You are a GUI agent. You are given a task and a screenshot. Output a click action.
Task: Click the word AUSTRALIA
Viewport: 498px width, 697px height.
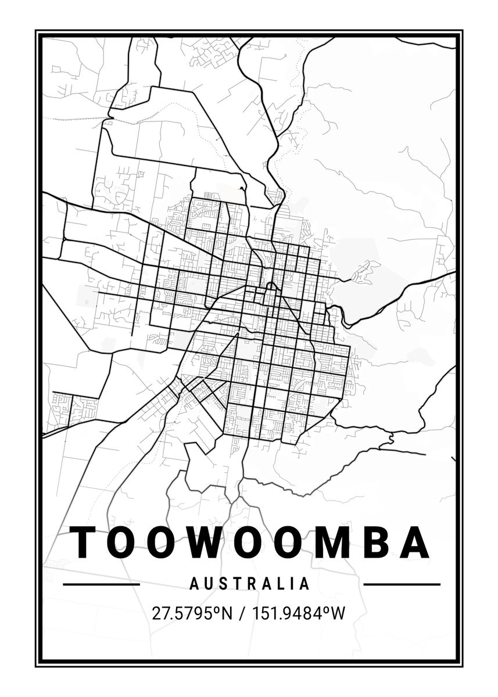[250, 584]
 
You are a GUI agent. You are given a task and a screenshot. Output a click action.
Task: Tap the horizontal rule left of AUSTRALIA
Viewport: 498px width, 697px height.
[101, 584]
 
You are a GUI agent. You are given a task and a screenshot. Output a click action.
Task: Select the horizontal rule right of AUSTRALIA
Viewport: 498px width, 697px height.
[402, 584]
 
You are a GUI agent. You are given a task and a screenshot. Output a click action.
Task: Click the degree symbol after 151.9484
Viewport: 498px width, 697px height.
[326, 609]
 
